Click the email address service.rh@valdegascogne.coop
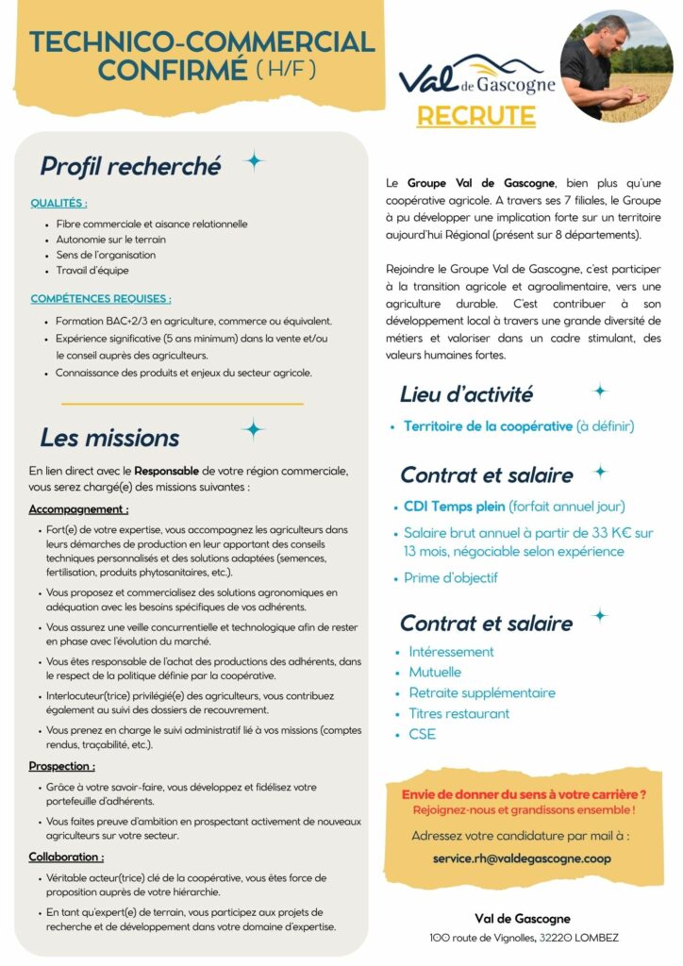(522, 858)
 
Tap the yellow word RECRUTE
(475, 116)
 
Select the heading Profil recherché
(130, 166)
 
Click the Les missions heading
(109, 438)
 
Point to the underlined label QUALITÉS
(58, 203)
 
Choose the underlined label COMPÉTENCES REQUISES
(100, 299)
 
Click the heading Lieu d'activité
(466, 394)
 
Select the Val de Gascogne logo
(475, 75)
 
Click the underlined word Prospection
(61, 766)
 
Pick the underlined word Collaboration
(66, 857)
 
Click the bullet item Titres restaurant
(458, 713)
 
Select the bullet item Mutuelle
(435, 672)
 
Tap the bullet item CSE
(422, 734)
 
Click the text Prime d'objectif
(450, 577)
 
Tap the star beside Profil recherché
(254, 161)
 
